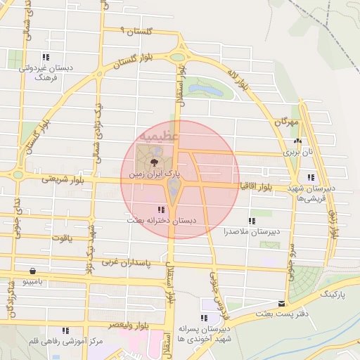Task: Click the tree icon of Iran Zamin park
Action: point(155,161)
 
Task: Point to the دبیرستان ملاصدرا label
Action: point(252,231)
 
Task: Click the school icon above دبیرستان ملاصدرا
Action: point(252,221)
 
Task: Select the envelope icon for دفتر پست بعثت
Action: point(282,304)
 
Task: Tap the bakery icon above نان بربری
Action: point(297,141)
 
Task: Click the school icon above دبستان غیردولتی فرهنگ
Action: point(46,57)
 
